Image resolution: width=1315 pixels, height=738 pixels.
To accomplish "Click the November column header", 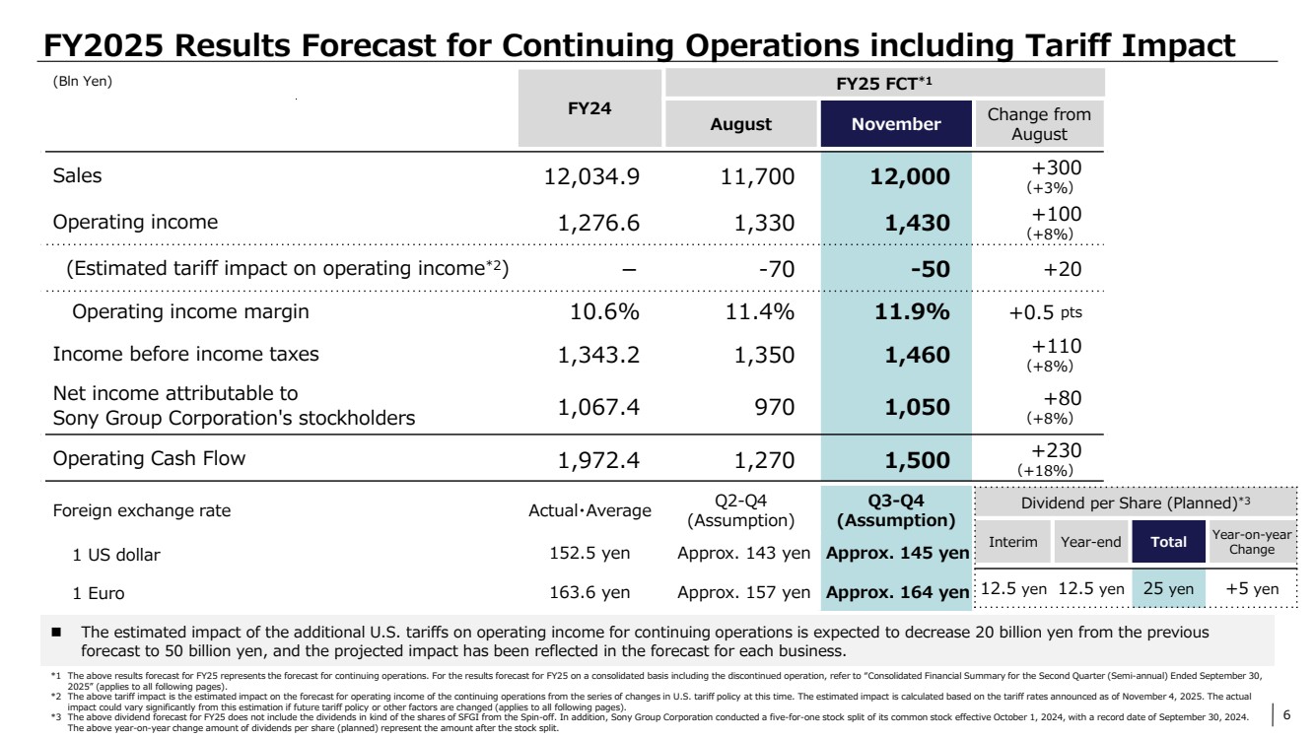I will (895, 124).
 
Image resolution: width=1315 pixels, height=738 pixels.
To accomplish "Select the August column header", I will (741, 124).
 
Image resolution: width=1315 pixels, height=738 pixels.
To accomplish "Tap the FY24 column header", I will (589, 108).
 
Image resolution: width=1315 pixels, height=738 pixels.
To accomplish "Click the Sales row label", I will (77, 176).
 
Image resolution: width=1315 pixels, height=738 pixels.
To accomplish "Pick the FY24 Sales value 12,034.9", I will (591, 177).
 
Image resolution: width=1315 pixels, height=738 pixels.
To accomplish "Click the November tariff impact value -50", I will (929, 268).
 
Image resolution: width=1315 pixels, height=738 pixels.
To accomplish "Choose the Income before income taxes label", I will (185, 355).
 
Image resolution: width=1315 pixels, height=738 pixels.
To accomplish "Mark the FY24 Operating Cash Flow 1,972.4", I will (598, 460).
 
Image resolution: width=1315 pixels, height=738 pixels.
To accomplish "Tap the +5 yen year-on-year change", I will (1252, 589).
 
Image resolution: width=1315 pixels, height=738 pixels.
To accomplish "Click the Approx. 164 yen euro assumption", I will (897, 593).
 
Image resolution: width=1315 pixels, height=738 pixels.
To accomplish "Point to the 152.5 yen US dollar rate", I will (589, 554).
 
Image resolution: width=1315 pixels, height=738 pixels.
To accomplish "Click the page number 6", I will (1286, 715).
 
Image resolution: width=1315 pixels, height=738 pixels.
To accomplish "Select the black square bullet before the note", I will (57, 630).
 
